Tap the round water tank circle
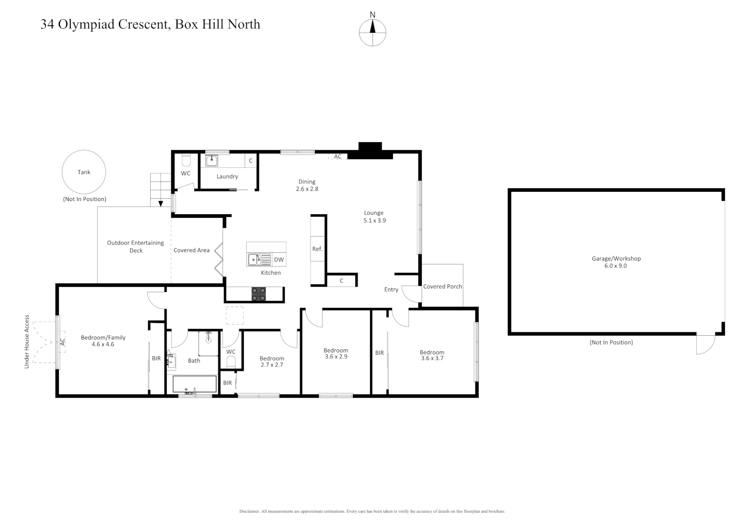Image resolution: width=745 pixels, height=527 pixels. click(x=84, y=172)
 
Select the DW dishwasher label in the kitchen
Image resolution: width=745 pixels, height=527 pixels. click(x=278, y=260)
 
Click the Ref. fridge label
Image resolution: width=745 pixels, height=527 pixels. click(x=317, y=249)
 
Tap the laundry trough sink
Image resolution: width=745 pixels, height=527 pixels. click(x=212, y=161)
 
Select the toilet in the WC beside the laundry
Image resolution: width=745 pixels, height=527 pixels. click(x=186, y=161)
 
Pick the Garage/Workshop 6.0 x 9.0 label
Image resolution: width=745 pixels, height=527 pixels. click(x=616, y=262)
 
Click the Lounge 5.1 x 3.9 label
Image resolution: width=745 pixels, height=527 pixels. click(x=374, y=217)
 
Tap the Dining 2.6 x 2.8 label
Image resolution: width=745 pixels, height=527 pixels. click(x=307, y=185)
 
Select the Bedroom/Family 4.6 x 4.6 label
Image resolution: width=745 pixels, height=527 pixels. click(x=103, y=341)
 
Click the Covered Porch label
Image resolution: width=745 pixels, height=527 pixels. click(x=442, y=286)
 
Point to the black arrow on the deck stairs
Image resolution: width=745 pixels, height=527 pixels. click(x=160, y=203)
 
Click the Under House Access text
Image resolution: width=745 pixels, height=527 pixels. click(x=27, y=342)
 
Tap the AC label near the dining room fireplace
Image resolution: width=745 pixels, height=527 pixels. click(x=338, y=157)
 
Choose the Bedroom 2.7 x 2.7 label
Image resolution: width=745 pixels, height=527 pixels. click(x=272, y=362)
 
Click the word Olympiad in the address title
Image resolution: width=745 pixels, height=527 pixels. click(x=88, y=24)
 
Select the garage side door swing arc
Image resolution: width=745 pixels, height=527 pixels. click(x=705, y=345)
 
